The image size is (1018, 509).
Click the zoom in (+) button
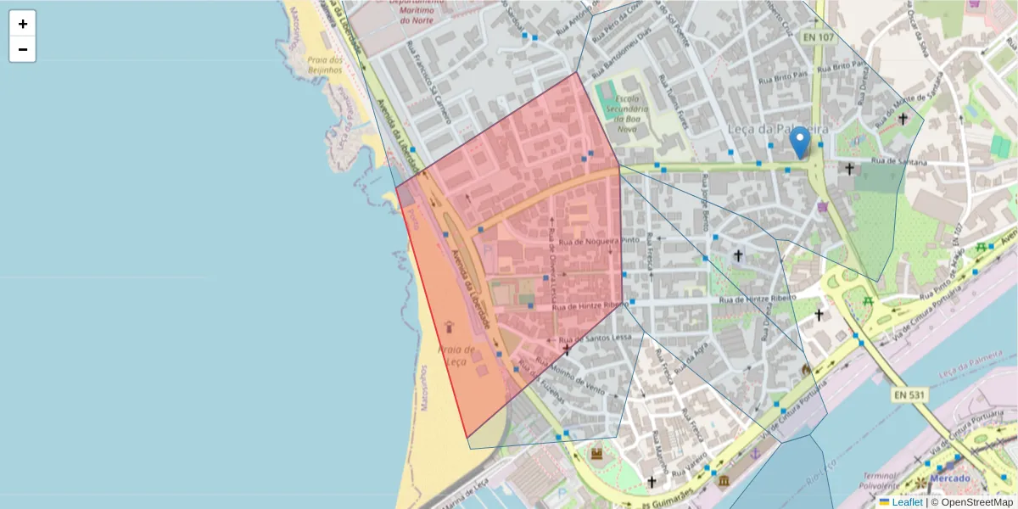click(x=23, y=24)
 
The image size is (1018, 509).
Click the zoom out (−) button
click(x=23, y=49)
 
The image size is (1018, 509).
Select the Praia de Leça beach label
click(x=456, y=355)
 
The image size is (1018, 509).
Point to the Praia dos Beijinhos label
click(x=325, y=65)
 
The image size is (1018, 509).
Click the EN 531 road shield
click(x=909, y=394)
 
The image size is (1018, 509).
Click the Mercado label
click(x=949, y=478)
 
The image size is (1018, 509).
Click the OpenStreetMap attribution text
click(x=976, y=502)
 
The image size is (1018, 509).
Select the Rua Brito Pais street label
click(x=780, y=78)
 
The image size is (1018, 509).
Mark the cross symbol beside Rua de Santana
click(x=849, y=169)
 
